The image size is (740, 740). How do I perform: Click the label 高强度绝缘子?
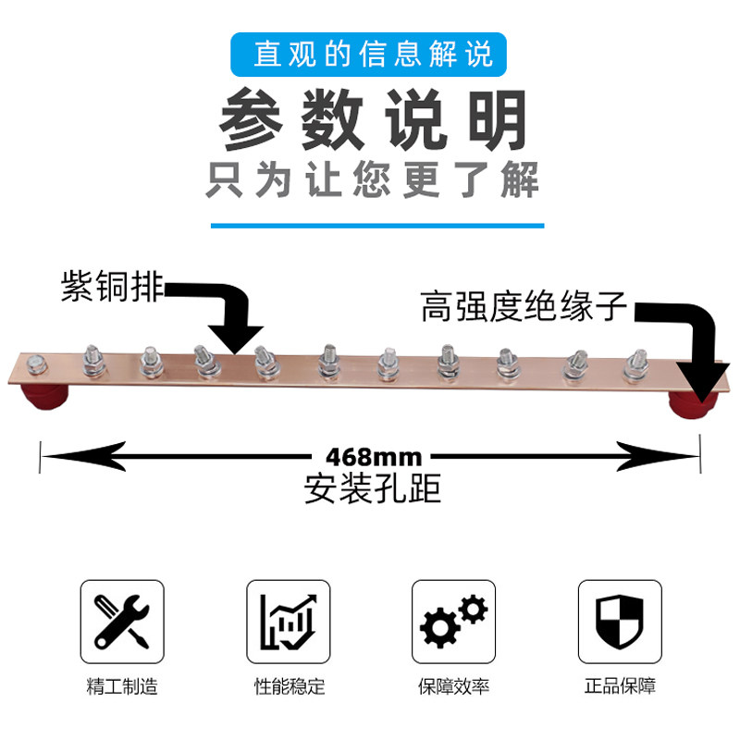point(524,305)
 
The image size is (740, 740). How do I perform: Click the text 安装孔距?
point(373,487)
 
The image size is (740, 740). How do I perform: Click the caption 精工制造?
point(122,687)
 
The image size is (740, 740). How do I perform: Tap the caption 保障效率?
point(453,687)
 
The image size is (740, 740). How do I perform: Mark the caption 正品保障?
point(619,687)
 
